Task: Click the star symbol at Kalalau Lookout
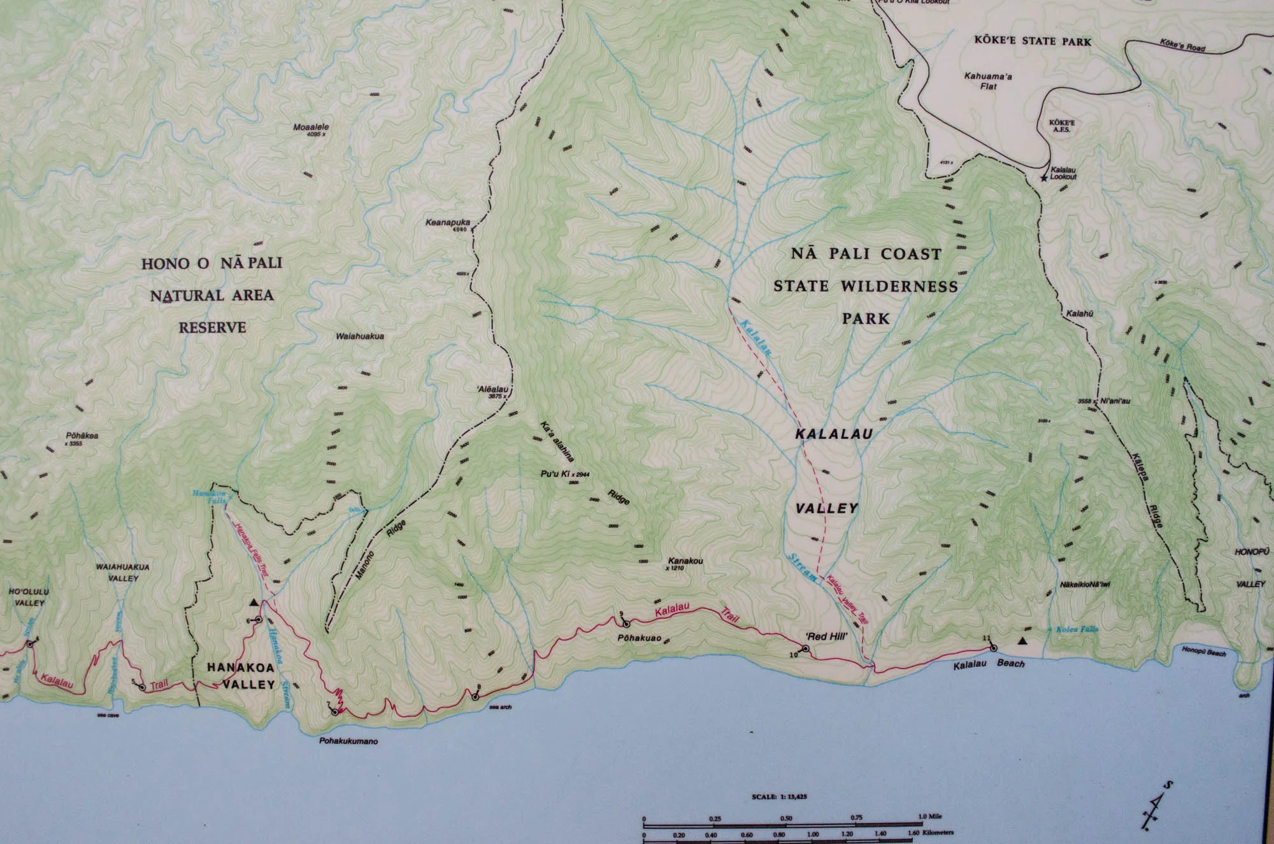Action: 1043,179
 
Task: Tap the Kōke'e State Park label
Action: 1032,42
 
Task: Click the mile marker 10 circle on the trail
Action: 805,648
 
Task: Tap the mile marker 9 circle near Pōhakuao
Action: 625,622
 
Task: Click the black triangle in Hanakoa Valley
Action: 254,602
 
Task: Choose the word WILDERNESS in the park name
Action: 904,287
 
